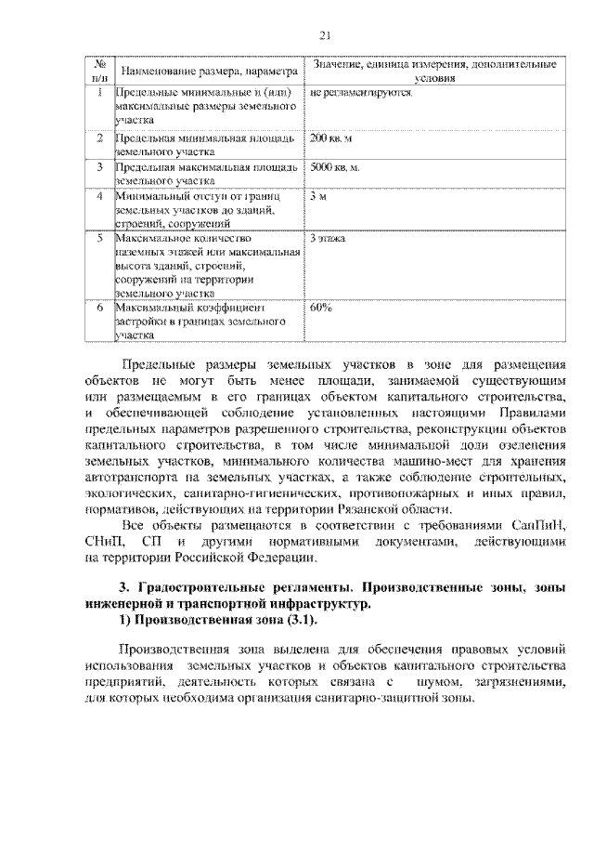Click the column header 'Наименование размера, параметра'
point(207,71)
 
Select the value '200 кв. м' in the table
point(331,138)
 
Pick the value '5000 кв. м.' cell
point(336,166)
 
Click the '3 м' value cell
point(319,196)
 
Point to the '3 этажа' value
point(328,239)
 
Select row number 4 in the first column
point(99,196)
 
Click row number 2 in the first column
point(99,138)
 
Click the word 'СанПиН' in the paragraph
point(537,525)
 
